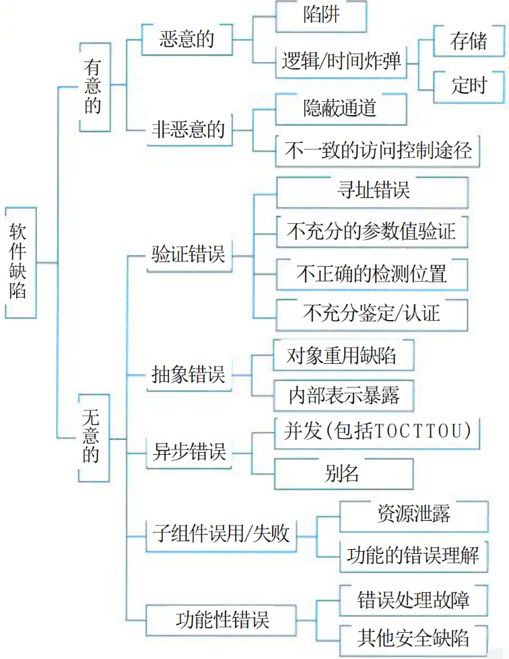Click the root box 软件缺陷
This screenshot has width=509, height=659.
coord(19,261)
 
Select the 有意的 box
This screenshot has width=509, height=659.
coord(94,86)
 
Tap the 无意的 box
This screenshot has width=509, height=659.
coord(94,437)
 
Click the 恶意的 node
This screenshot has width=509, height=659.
coord(186,38)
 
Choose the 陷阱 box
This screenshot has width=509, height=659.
coord(321,16)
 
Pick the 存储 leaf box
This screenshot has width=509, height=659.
coord(468,41)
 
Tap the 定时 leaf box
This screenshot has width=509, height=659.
coord(468,86)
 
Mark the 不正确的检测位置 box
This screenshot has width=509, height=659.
coord(372,274)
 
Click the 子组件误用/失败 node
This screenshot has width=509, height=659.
coord(220,534)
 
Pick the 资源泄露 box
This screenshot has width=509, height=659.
coord(413,515)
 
